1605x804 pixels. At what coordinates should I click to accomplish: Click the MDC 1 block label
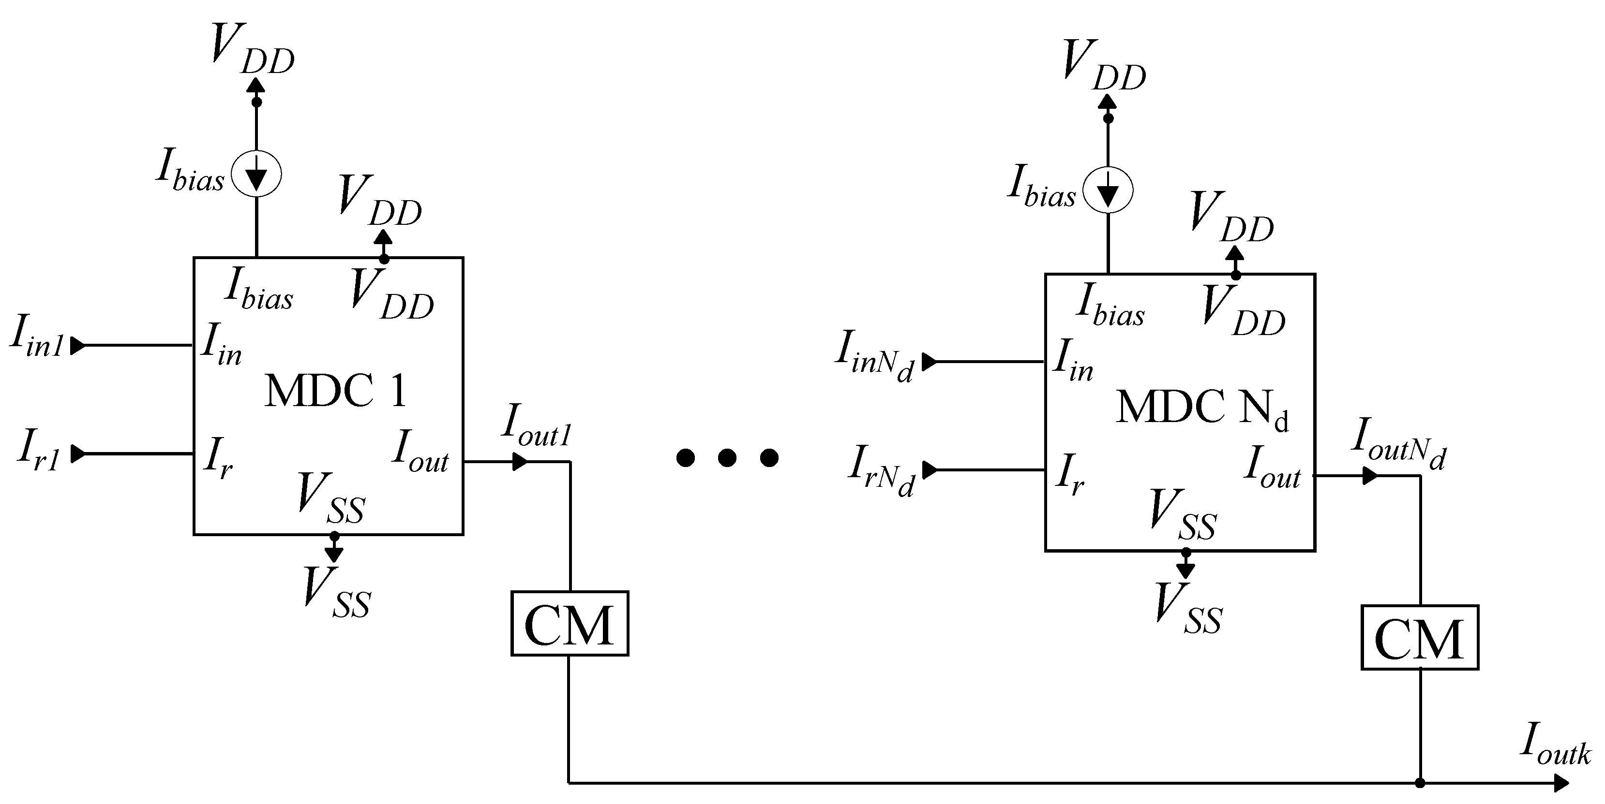click(x=335, y=391)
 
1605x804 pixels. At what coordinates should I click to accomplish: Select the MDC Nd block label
click(x=1201, y=409)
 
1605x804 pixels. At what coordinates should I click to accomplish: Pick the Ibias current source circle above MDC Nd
click(x=1108, y=191)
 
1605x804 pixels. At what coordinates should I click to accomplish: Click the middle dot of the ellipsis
click(x=727, y=458)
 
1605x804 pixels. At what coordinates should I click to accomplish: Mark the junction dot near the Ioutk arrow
click(x=1420, y=783)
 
